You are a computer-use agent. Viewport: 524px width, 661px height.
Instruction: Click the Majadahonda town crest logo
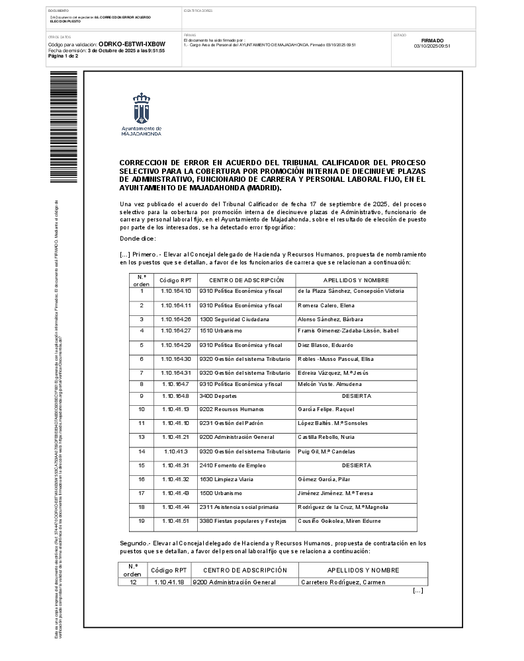[141, 109]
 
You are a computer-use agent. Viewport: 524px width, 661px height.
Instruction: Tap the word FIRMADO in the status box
[432, 40]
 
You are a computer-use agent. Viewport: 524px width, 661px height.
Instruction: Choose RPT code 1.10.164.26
[175, 319]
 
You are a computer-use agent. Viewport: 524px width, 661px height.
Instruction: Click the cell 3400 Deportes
[216, 396]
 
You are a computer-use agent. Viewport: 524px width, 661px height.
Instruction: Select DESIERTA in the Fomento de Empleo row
[356, 465]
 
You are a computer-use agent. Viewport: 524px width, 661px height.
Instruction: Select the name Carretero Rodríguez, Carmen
[343, 582]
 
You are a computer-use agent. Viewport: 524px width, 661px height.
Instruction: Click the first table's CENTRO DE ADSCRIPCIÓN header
[246, 281]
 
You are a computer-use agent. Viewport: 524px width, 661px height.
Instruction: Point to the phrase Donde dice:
[138, 238]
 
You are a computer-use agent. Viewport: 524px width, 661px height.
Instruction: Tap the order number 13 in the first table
[142, 438]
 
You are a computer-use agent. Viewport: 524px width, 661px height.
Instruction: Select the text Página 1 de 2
[64, 56]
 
